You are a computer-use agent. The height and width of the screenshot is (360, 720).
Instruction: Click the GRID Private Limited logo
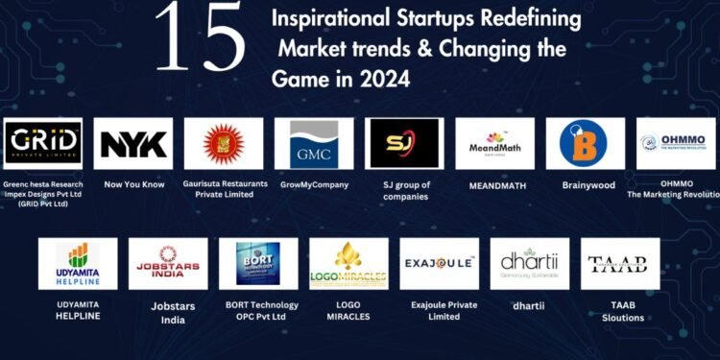pyautogui.click(x=43, y=143)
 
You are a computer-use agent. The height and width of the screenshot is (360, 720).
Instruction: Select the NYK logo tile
pyautogui.click(x=133, y=143)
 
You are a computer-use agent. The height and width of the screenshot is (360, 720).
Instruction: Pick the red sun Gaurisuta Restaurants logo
pyautogui.click(x=223, y=143)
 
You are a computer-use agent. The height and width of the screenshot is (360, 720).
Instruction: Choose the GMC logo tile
pyautogui.click(x=313, y=143)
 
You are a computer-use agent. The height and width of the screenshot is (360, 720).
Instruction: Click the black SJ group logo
pyautogui.click(x=404, y=143)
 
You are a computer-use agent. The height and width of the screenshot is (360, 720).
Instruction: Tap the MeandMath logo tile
pyautogui.click(x=494, y=143)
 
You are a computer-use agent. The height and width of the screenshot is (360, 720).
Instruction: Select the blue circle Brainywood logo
pyautogui.click(x=585, y=143)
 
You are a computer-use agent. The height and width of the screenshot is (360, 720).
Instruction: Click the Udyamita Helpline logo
pyautogui.click(x=78, y=263)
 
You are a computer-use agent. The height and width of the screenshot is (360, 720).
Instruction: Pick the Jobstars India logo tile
pyautogui.click(x=168, y=263)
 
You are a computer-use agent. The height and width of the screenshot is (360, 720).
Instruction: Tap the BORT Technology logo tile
pyautogui.click(x=258, y=263)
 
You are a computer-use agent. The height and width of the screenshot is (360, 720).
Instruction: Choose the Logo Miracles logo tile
pyautogui.click(x=348, y=263)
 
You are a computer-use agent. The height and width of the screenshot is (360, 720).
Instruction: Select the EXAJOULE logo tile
pyautogui.click(x=439, y=263)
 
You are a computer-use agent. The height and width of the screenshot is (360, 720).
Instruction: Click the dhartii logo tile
pyautogui.click(x=529, y=263)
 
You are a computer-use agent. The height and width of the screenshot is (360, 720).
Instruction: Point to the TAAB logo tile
pyautogui.click(x=619, y=263)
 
